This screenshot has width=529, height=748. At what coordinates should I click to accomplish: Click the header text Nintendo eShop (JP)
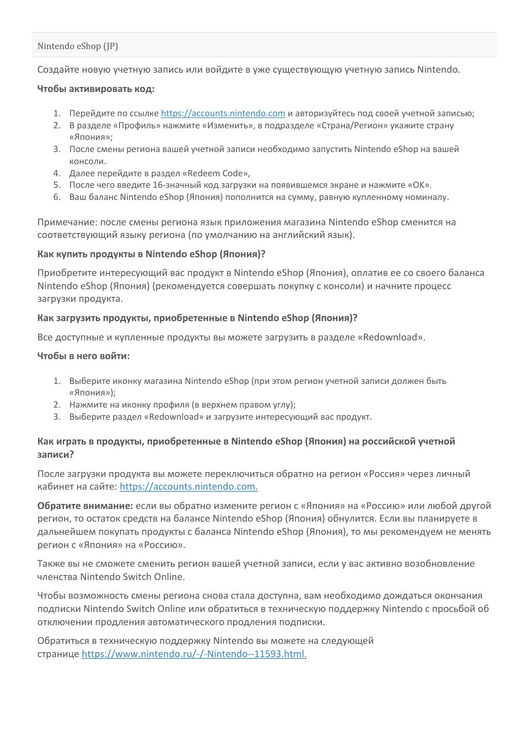[78, 46]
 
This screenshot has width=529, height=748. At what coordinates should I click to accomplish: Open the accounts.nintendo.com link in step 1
[223, 113]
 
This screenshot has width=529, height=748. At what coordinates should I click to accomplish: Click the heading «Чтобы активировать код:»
[96, 89]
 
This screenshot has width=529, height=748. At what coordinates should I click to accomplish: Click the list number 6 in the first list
[57, 197]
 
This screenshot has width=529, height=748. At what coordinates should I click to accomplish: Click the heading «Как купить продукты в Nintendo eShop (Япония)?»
[152, 254]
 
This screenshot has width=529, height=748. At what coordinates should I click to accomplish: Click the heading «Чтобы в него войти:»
[83, 356]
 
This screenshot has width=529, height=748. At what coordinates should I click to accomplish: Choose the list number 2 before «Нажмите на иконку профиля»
[57, 405]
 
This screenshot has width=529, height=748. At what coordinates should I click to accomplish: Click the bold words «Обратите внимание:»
[85, 506]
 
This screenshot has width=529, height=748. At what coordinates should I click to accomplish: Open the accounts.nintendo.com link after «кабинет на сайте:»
[188, 486]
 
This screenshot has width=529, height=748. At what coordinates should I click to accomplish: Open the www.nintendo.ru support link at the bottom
[194, 654]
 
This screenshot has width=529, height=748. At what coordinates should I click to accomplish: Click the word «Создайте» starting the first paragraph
[57, 69]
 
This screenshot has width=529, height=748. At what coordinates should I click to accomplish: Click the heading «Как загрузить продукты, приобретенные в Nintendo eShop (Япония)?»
[197, 318]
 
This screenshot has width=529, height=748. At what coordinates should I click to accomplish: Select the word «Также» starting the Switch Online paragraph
[51, 563]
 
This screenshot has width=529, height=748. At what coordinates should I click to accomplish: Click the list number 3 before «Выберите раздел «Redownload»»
[57, 417]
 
